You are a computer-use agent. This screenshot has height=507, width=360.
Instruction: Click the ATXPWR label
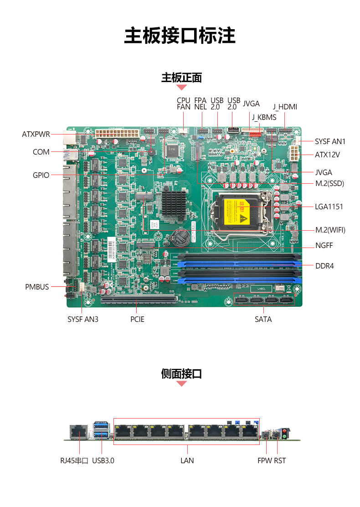tap(36, 134)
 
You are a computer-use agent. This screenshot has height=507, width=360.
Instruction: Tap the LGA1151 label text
tap(329, 207)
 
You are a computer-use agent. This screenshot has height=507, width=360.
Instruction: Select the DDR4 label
tap(324, 266)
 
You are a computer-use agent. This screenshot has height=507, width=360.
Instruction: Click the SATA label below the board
tap(263, 320)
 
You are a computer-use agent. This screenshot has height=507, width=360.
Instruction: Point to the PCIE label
tap(137, 320)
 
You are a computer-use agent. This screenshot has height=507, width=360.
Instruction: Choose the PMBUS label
tap(37, 287)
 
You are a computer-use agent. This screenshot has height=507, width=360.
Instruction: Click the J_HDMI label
tap(285, 107)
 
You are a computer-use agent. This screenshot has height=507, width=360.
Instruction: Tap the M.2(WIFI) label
tap(330, 230)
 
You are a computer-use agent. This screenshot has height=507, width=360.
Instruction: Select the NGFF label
tap(324, 245)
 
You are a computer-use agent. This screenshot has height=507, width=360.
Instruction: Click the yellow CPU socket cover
tap(236, 212)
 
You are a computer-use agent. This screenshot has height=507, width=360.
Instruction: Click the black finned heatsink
tap(174, 203)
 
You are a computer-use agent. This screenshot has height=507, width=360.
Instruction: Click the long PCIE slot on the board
tap(139, 299)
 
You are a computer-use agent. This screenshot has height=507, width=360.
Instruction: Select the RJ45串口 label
tap(74, 461)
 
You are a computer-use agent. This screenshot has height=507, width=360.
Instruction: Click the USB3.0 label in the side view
tap(103, 461)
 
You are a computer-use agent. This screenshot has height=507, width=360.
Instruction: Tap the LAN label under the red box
tap(187, 461)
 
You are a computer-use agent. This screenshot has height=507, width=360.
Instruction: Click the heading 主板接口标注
tap(180, 36)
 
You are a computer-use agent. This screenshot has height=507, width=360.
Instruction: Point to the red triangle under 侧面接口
tap(182, 383)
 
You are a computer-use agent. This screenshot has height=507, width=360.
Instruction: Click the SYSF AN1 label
tap(330, 142)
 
